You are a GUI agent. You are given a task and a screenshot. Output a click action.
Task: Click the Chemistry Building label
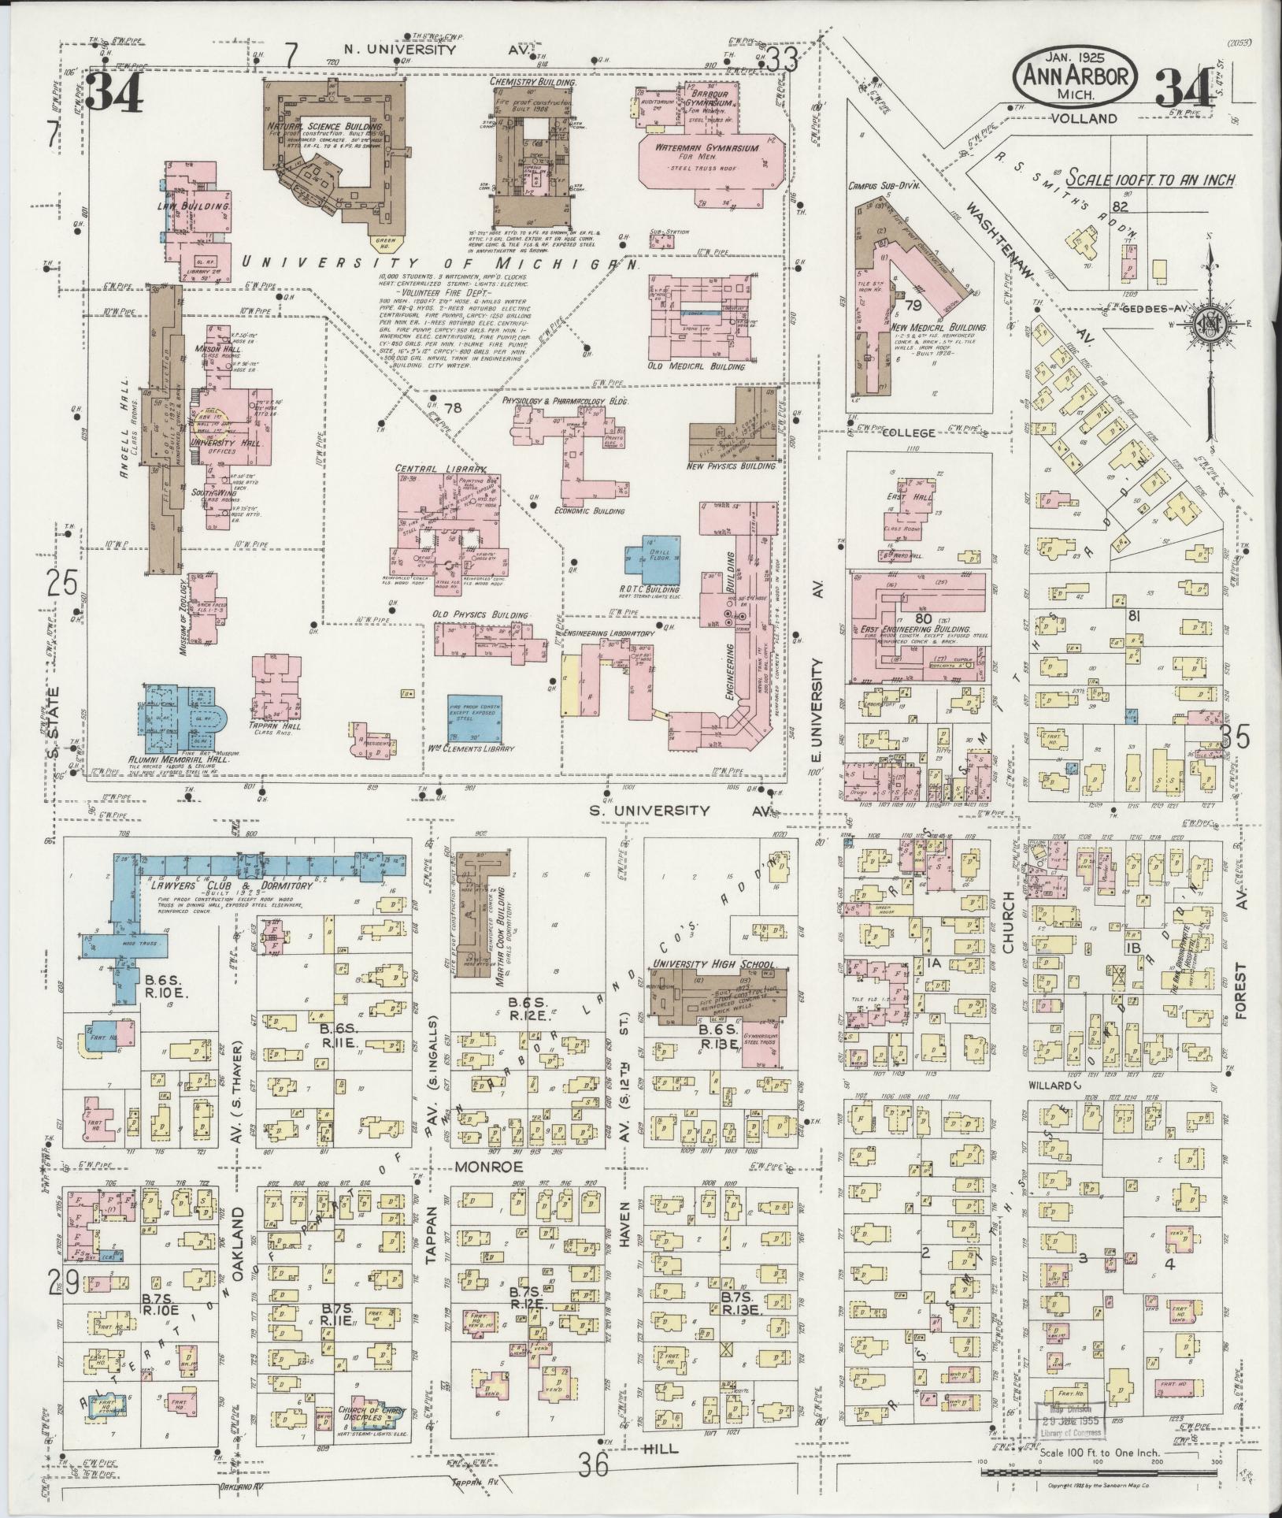coord(533,82)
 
